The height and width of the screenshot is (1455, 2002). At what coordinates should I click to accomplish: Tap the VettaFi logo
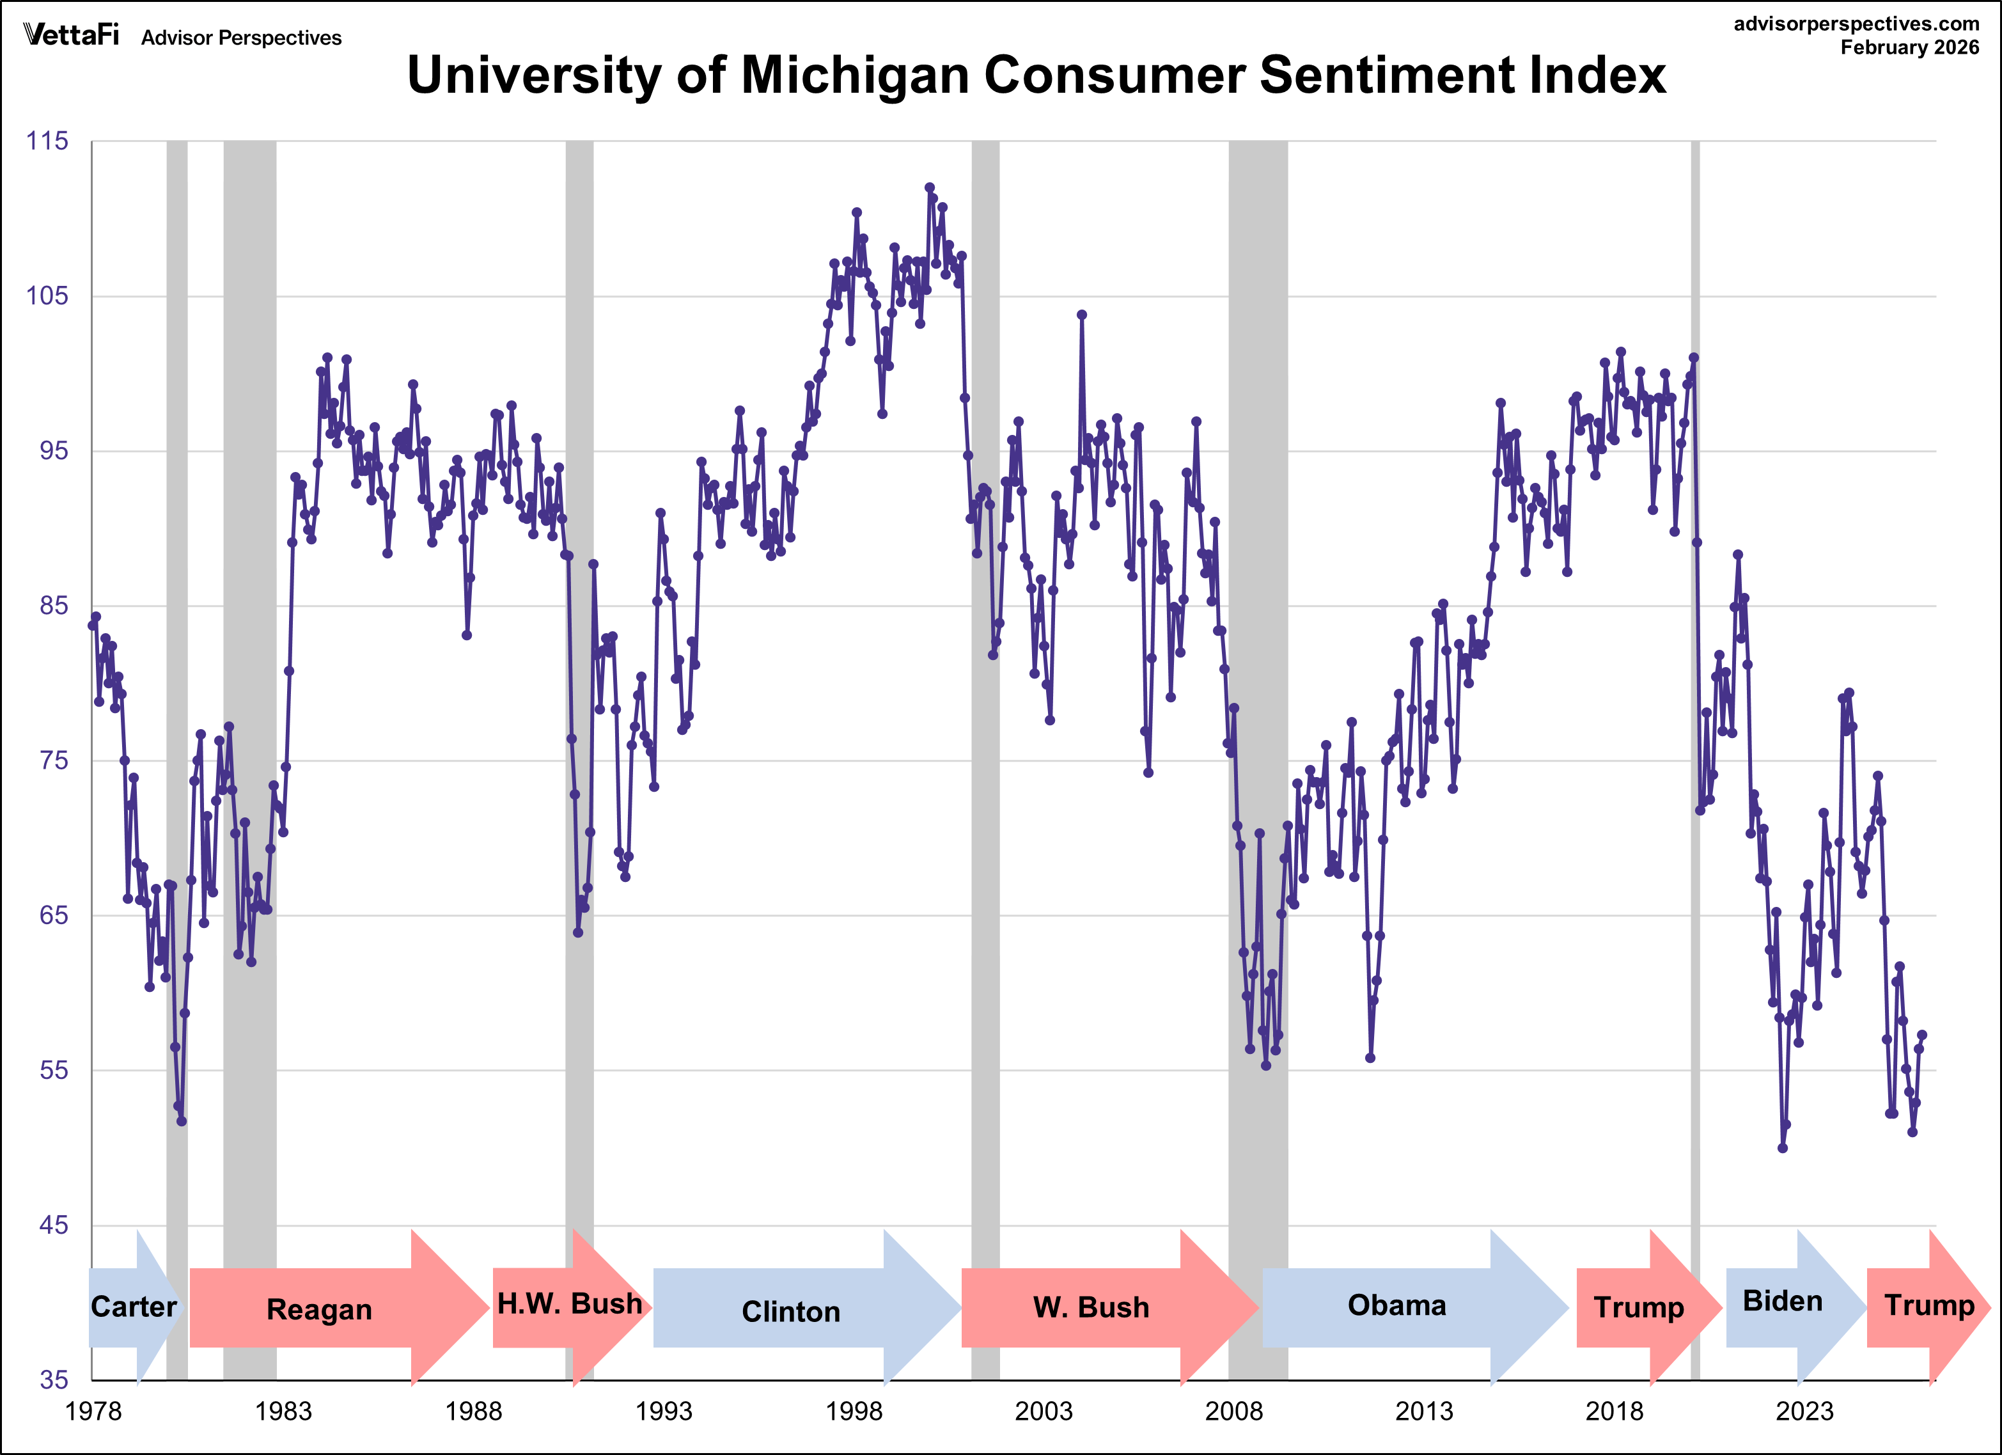click(x=70, y=35)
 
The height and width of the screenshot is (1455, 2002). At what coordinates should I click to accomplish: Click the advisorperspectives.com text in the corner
click(x=1856, y=24)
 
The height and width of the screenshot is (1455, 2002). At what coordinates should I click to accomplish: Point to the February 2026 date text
click(x=1909, y=48)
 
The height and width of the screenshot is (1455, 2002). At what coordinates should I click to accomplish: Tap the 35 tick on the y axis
click(x=53, y=1380)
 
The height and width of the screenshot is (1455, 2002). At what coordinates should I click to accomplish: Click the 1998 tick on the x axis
click(x=853, y=1411)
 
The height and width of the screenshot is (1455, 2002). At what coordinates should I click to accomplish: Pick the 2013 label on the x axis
click(x=1423, y=1411)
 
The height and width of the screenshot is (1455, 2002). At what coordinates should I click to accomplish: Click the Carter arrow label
click(x=133, y=1307)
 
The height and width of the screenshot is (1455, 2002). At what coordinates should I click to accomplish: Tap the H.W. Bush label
click(x=569, y=1304)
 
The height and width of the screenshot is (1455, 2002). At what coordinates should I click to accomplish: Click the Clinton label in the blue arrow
click(x=790, y=1312)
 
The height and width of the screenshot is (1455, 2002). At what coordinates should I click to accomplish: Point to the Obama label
click(x=1396, y=1305)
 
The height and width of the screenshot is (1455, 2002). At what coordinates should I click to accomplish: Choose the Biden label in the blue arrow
click(x=1782, y=1302)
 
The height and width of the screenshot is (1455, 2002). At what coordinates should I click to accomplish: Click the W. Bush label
click(x=1091, y=1307)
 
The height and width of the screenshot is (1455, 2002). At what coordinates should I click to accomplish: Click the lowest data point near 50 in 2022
click(x=1782, y=1148)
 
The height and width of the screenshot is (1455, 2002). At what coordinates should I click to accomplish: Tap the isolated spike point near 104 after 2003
click(x=1081, y=314)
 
